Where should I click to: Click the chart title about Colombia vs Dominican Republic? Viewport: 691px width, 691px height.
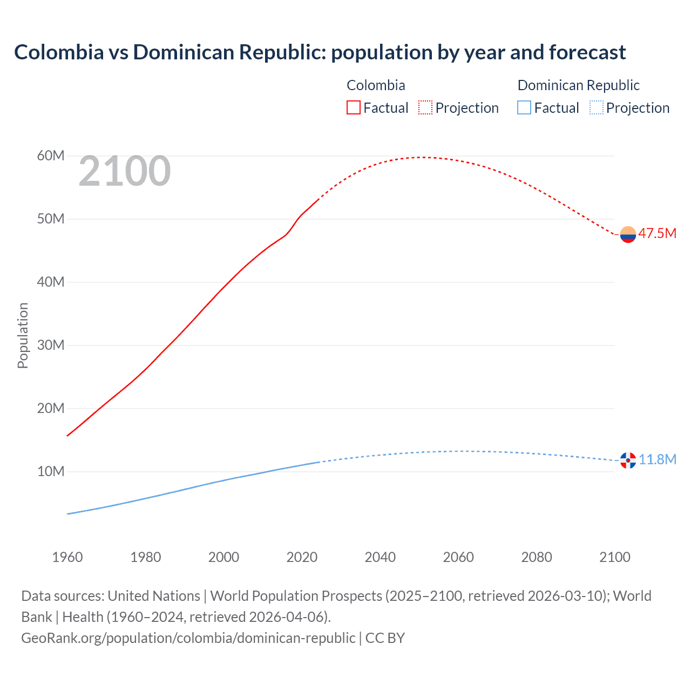tap(320, 52)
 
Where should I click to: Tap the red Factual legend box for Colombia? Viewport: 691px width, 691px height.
tap(353, 107)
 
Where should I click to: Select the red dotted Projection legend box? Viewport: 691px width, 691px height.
tap(425, 107)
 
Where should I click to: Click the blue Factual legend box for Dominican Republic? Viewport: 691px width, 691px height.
tap(524, 107)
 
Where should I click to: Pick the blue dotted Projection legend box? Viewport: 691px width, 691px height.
tap(596, 107)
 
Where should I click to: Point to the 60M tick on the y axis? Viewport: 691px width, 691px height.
tap(51, 156)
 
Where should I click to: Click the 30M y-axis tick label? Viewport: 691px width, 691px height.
tap(51, 345)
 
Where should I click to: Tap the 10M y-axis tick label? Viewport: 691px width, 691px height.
tap(51, 471)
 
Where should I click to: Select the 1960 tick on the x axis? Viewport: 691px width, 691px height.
tap(67, 557)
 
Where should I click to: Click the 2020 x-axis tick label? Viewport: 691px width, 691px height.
tap(302, 557)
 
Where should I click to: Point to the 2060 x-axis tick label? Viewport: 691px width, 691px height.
tap(458, 557)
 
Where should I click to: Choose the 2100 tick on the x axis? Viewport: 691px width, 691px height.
tap(615, 557)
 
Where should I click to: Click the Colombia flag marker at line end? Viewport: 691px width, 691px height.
tap(628, 234)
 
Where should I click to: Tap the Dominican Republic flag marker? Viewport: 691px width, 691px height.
tap(628, 460)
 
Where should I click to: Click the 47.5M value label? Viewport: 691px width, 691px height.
tap(657, 233)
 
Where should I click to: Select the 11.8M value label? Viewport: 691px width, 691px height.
tap(658, 459)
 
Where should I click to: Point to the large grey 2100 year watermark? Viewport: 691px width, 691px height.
tap(125, 172)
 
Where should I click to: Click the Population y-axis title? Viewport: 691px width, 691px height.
tap(23, 335)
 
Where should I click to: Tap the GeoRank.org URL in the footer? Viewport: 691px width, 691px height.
tap(188, 638)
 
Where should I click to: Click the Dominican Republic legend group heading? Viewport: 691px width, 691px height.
tap(578, 85)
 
